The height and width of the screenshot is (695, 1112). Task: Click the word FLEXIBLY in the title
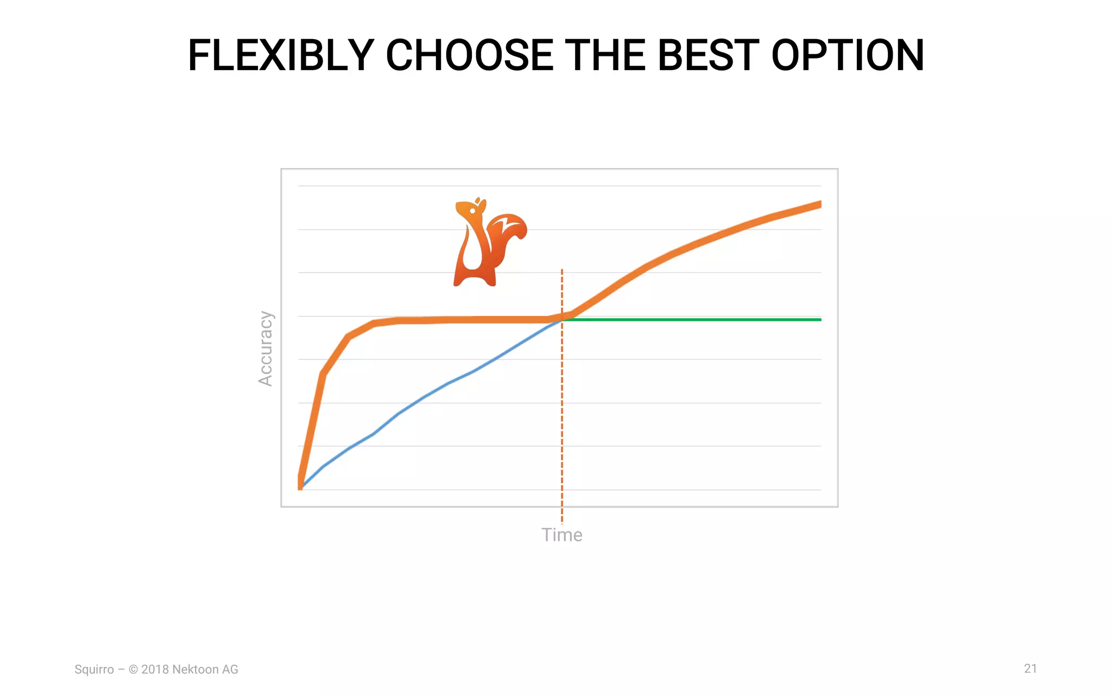pos(280,56)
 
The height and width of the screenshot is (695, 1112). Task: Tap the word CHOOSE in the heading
pos(469,56)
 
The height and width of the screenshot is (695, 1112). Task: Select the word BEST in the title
pos(708,56)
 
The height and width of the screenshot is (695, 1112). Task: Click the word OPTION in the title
pos(848,56)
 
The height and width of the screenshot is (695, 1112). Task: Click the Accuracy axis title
pos(266,349)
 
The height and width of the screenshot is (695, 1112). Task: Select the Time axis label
pos(561,535)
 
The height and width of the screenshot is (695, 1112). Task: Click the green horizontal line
pos(695,320)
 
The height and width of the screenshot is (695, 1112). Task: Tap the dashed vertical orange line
pos(562,434)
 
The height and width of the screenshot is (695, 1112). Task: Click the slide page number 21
pos(1030,668)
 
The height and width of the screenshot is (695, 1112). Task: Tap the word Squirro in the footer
pos(94,669)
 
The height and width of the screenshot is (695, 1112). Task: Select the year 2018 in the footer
pos(155,669)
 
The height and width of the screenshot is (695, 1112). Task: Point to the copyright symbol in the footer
pos(133,669)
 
